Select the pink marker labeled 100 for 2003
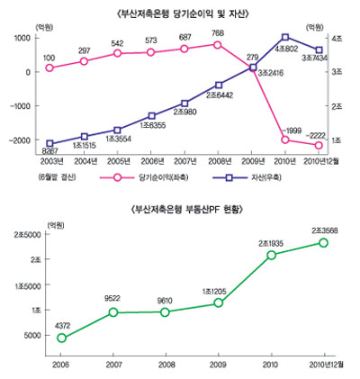[x=49, y=68]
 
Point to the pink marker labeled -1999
[x=285, y=140]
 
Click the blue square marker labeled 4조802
[x=285, y=38]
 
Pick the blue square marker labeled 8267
[x=49, y=144]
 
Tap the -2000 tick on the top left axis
[x=17, y=140]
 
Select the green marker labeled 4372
[x=61, y=338]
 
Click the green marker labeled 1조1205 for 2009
[x=218, y=303]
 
